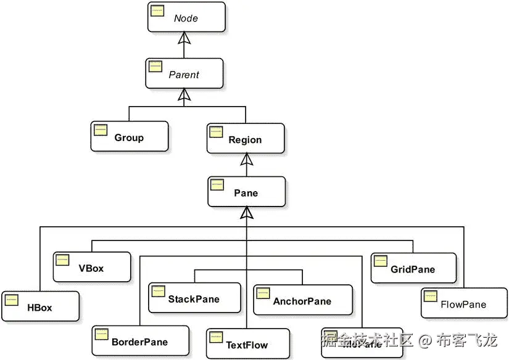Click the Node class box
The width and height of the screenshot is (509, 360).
click(x=186, y=17)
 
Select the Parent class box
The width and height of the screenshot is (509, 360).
click(x=184, y=74)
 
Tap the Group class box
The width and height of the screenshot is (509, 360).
click(x=129, y=136)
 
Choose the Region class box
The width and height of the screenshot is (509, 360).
click(x=245, y=139)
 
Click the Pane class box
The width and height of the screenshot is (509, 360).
click(x=246, y=192)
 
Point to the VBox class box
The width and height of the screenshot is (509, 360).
click(x=91, y=267)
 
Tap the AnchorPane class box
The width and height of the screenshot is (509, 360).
click(x=302, y=300)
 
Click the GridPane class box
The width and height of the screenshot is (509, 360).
click(x=413, y=268)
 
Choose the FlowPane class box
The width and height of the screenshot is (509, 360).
click(x=463, y=303)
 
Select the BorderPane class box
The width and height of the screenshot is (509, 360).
click(x=139, y=341)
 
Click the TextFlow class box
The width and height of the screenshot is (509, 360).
click(x=247, y=343)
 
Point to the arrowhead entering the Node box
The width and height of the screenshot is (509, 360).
click(x=182, y=38)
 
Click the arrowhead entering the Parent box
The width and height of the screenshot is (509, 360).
click(x=182, y=94)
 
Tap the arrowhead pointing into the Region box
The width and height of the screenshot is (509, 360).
click(x=246, y=159)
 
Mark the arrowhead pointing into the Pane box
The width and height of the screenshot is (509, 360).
click(x=246, y=213)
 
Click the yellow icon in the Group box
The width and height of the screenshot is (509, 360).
click(x=101, y=129)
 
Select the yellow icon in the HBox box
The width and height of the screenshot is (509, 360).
click(x=11, y=300)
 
